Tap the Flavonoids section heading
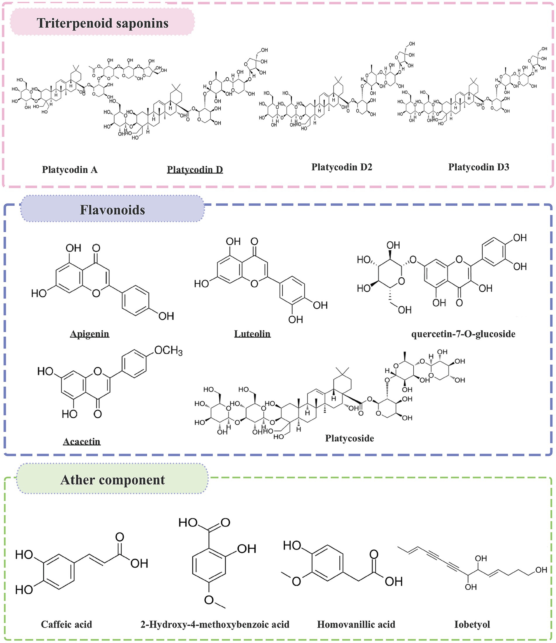[x=112, y=210]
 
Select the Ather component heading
[x=112, y=480]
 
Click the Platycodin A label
[x=70, y=169]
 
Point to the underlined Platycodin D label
[x=195, y=169]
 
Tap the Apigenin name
[x=89, y=334]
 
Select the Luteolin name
[x=252, y=334]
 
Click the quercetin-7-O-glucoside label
[x=463, y=334]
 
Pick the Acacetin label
[x=82, y=441]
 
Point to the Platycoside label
[x=349, y=438]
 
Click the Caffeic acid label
[x=66, y=624]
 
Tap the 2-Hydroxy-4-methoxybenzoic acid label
[x=215, y=624]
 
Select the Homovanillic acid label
[x=356, y=624]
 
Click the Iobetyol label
[x=472, y=624]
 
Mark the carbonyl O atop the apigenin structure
[x=96, y=248]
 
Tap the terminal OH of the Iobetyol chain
[x=541, y=570]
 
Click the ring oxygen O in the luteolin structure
[x=254, y=283]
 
